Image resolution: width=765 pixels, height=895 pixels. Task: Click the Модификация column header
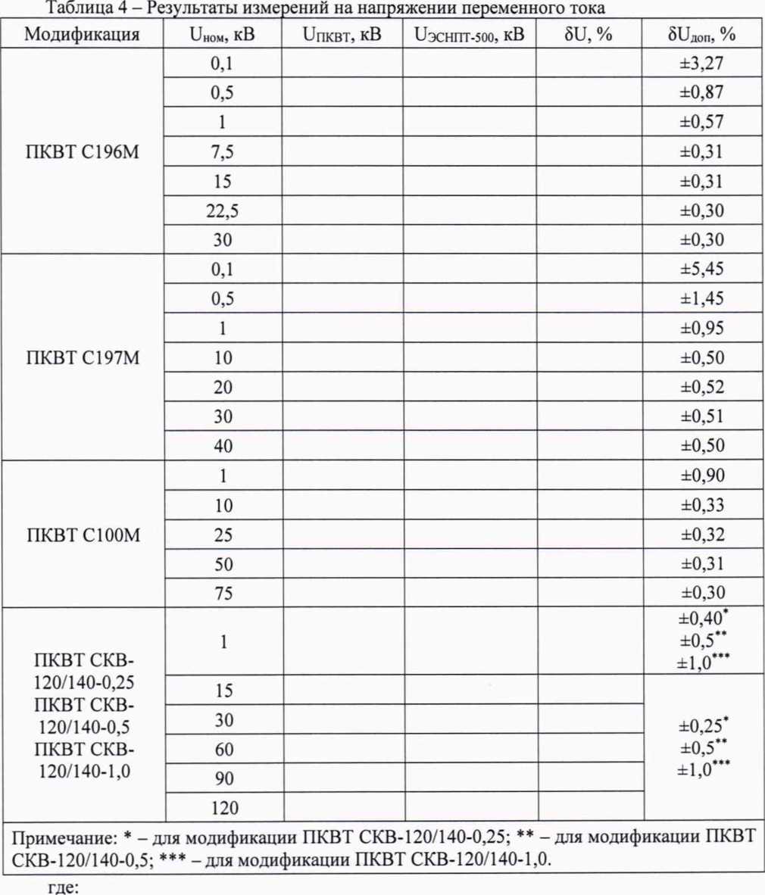[82, 34]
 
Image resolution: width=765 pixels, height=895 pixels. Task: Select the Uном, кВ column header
[222, 34]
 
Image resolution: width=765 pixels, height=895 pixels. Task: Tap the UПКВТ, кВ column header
[342, 34]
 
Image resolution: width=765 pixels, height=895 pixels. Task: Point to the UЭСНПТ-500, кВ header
[469, 34]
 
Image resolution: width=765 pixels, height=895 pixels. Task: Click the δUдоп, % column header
[701, 34]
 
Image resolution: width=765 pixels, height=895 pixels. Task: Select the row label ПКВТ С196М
[83, 152]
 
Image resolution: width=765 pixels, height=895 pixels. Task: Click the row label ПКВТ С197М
[83, 357]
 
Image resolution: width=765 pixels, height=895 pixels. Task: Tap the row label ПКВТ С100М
[83, 535]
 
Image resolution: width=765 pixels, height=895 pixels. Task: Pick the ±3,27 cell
[701, 64]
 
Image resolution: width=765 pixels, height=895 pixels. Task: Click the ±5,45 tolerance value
[701, 269]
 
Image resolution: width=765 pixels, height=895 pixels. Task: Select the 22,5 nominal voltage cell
[222, 210]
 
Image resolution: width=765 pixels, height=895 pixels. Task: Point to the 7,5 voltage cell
[222, 152]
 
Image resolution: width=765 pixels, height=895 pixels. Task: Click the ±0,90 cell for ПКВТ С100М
[701, 476]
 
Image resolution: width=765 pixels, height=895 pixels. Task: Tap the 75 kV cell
[223, 593]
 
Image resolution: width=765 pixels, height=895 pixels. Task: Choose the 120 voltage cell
[224, 808]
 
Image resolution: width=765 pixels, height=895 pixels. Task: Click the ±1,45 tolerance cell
[701, 298]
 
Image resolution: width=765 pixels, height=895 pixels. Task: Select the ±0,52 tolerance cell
[701, 387]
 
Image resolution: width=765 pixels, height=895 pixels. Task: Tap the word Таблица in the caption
[76, 8]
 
